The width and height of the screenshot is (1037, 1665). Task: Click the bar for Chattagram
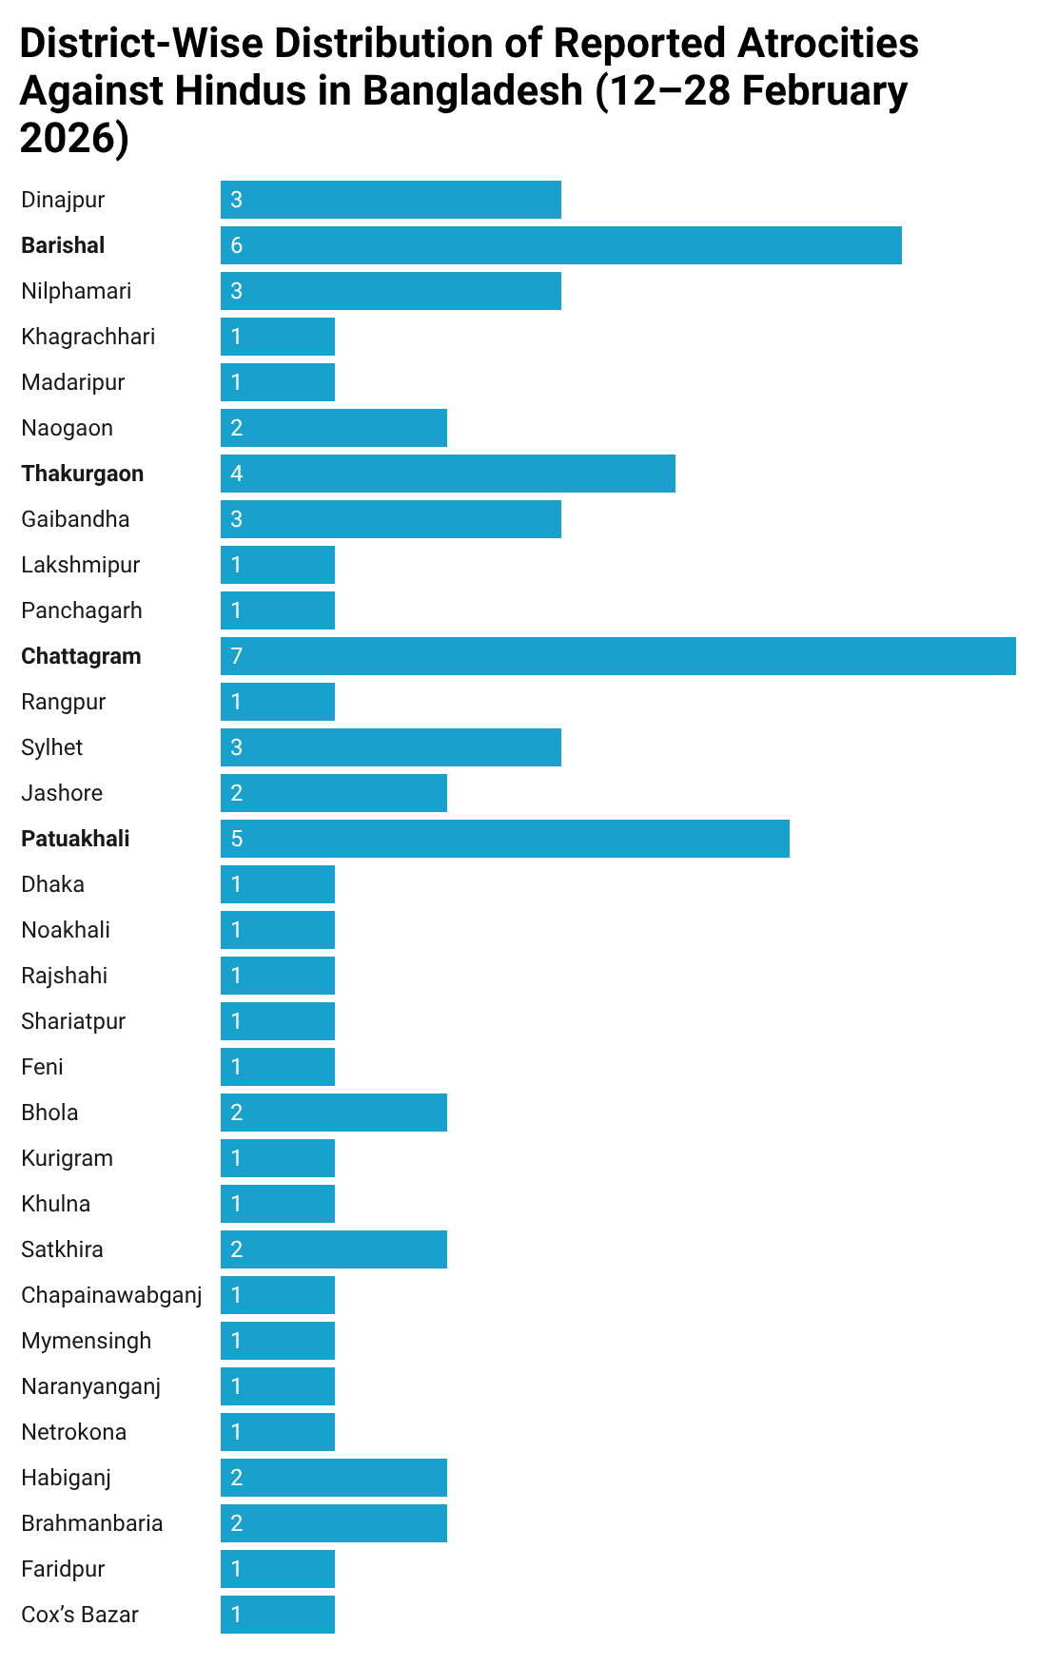[618, 656]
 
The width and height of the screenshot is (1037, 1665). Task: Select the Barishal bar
[561, 245]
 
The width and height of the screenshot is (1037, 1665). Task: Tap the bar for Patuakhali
[505, 839]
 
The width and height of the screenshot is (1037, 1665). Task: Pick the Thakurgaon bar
[448, 474]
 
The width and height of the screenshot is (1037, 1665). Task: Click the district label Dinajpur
[63, 200]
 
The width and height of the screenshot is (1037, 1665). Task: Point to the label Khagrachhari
[88, 337]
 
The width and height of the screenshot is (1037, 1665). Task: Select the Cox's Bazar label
[80, 1615]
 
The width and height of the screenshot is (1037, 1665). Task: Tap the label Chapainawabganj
[111, 1295]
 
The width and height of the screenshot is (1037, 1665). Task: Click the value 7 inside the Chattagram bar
[237, 656]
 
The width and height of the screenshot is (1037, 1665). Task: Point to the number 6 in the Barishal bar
[237, 245]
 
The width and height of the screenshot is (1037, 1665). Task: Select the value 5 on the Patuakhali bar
[237, 839]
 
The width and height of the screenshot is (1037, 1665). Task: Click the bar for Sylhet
[391, 747]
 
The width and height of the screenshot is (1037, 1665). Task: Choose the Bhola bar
[334, 1113]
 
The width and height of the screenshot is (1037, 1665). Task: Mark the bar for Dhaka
[278, 884]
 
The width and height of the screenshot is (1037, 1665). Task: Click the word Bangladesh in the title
[473, 91]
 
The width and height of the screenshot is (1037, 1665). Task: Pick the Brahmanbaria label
[92, 1523]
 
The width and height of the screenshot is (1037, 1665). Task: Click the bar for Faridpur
[278, 1569]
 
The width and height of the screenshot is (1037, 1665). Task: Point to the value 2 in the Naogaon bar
[237, 428]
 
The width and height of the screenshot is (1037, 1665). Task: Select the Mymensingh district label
[87, 1341]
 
